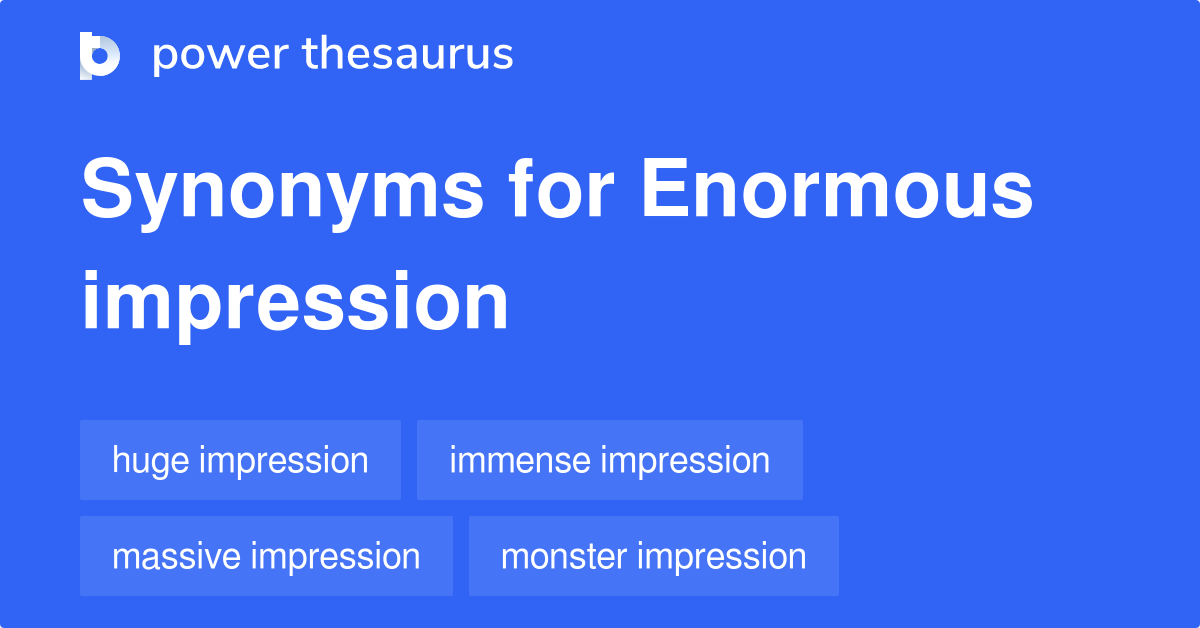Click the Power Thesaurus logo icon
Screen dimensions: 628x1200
(x=100, y=55)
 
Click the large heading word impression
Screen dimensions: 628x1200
(x=295, y=301)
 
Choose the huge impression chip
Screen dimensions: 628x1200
(x=240, y=460)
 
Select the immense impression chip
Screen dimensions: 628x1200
(x=609, y=460)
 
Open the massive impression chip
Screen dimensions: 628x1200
(x=266, y=556)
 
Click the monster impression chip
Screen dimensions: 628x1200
(x=653, y=556)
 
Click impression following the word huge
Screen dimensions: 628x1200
(x=283, y=461)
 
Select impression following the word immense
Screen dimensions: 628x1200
(x=685, y=460)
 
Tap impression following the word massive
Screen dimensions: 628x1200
(x=335, y=556)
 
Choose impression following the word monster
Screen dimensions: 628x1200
(x=722, y=556)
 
